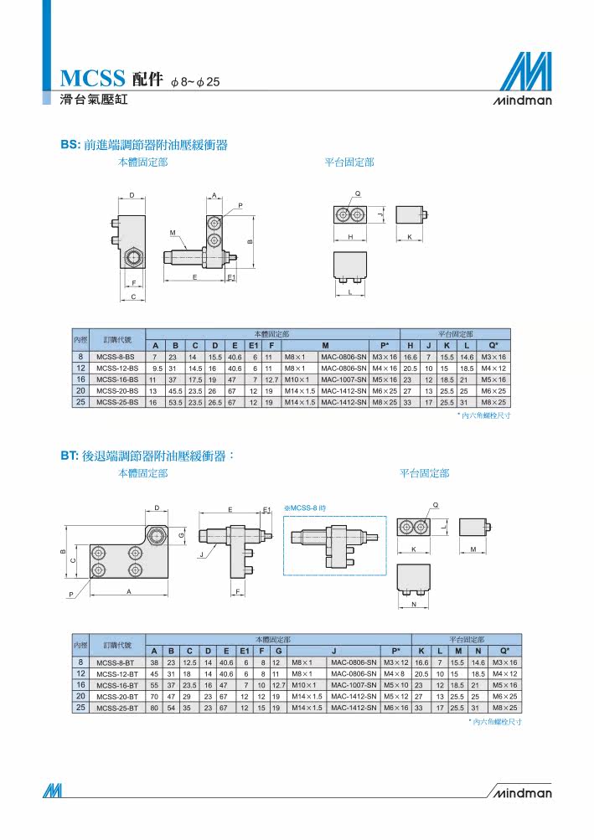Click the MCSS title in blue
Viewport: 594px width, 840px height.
92,79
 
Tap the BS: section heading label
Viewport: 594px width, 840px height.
70,145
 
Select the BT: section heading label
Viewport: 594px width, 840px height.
70,456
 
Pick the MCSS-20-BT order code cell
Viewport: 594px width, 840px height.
117,697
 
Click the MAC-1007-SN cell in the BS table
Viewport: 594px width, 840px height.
343,380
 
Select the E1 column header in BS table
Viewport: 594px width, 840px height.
253,346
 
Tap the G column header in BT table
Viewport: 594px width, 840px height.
278,652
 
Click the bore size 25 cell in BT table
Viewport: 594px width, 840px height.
80,708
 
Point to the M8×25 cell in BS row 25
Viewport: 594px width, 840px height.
493,402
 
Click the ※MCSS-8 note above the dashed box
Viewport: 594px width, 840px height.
305,508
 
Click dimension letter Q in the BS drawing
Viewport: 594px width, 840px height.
358,194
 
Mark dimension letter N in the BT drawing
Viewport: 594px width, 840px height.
414,605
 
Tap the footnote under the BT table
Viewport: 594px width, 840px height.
497,722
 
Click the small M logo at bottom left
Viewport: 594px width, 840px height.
53,791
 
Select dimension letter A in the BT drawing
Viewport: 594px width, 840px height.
129,591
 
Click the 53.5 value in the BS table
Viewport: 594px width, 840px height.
175,402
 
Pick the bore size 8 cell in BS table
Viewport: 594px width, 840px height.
80,357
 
